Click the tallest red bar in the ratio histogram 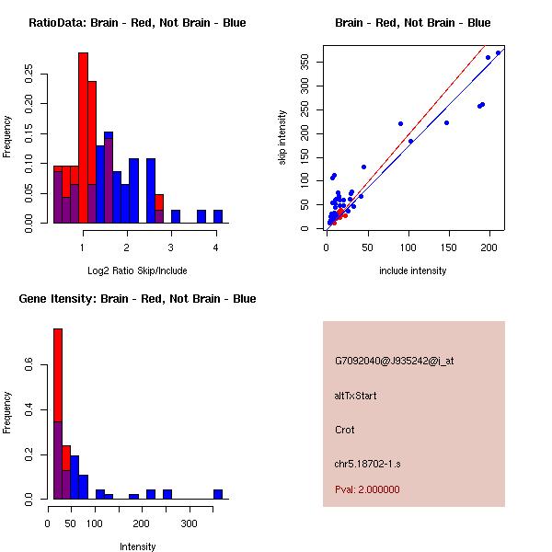click(x=83, y=138)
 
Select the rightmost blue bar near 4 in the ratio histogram click(x=218, y=216)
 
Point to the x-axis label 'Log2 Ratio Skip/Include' click(x=137, y=270)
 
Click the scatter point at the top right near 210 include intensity click(x=498, y=52)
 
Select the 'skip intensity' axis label click(x=282, y=138)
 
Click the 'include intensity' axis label click(x=412, y=270)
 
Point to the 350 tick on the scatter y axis click(x=305, y=62)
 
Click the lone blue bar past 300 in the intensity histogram click(x=218, y=494)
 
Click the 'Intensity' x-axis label click(x=137, y=546)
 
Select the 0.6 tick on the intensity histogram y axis click(x=29, y=367)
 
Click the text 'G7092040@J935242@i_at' click(x=394, y=361)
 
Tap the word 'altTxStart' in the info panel click(x=355, y=396)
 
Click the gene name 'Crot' click(x=344, y=430)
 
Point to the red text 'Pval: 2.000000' click(x=367, y=489)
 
